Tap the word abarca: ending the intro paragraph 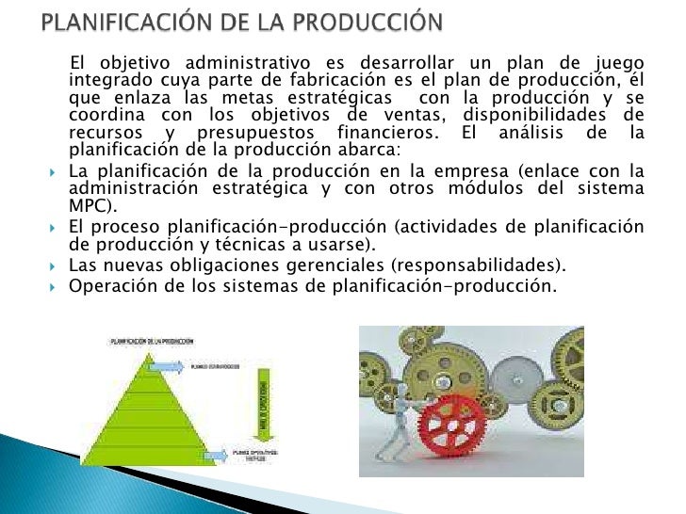[372, 151]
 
